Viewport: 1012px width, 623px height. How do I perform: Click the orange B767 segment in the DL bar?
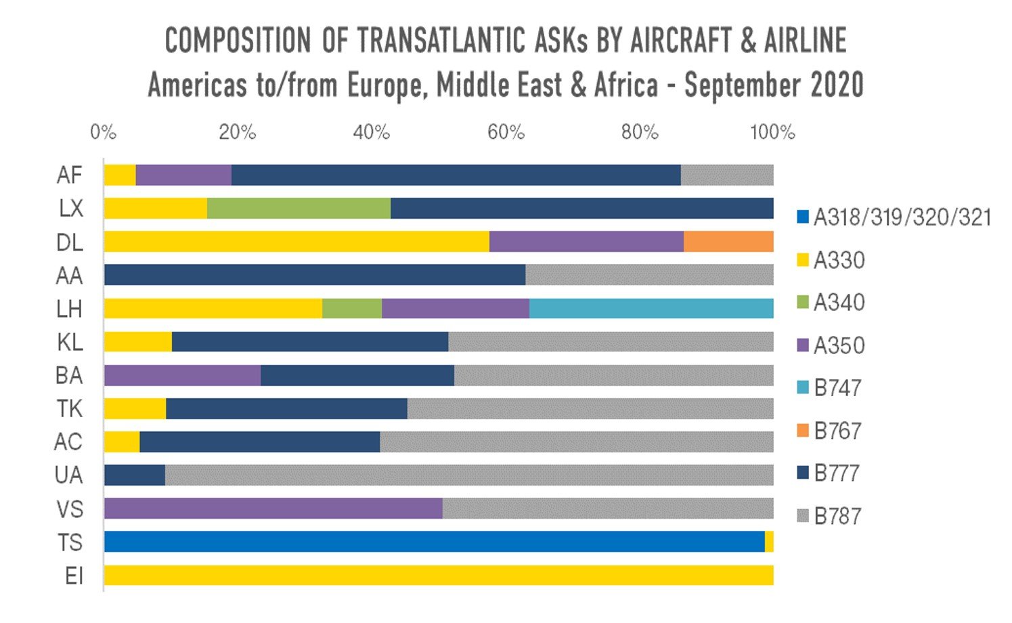[728, 242]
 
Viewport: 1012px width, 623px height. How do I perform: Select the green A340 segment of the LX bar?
[299, 209]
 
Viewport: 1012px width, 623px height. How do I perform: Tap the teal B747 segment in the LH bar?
[651, 309]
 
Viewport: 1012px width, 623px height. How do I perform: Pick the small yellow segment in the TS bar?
[769, 542]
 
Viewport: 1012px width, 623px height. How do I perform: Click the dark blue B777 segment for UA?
[135, 475]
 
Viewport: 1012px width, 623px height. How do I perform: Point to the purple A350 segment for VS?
[273, 509]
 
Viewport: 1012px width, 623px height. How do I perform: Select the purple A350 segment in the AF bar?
[183, 175]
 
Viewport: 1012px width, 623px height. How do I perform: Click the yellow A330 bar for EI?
[438, 576]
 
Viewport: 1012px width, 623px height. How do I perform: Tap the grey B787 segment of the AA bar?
[649, 275]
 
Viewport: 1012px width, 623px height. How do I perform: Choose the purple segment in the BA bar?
[182, 375]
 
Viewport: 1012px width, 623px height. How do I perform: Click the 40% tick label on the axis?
[371, 132]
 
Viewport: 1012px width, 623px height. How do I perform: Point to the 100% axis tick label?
[772, 132]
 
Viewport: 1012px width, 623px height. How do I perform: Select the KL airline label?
[70, 343]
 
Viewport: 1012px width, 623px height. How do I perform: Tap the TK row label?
[70, 409]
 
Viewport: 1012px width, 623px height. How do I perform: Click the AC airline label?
[68, 442]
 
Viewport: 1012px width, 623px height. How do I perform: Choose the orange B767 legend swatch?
[804, 431]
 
